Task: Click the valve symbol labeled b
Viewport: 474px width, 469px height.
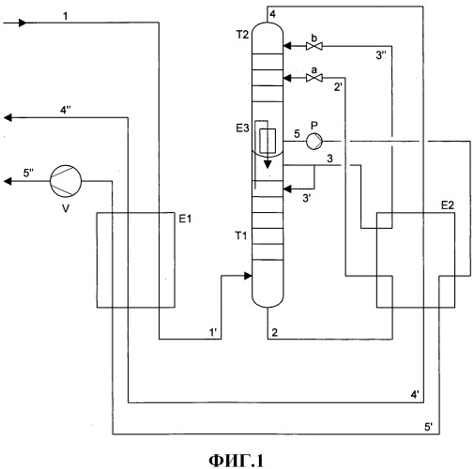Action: (x=314, y=46)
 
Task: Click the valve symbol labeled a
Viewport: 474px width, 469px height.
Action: (x=314, y=78)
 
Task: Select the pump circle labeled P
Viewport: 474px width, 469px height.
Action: (x=314, y=142)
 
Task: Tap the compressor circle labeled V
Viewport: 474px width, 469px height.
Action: (x=66, y=181)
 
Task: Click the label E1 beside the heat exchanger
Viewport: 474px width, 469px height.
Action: (x=185, y=219)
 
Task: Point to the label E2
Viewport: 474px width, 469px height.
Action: (x=448, y=205)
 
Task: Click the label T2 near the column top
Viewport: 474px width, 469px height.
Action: (x=242, y=35)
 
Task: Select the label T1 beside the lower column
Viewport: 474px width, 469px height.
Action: (x=241, y=235)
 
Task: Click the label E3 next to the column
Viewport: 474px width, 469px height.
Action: (x=242, y=128)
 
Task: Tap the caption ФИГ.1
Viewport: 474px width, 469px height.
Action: (x=237, y=461)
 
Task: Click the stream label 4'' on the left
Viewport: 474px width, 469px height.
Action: (x=66, y=110)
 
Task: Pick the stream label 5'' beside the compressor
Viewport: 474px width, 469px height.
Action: (x=29, y=173)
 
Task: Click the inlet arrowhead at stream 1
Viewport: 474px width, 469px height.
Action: (x=23, y=23)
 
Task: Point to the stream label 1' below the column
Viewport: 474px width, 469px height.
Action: (x=214, y=332)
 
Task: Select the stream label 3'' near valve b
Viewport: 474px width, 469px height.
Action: (x=381, y=55)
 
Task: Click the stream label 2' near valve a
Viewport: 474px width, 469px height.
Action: (x=338, y=86)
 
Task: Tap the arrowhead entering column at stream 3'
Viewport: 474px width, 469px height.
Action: (x=287, y=189)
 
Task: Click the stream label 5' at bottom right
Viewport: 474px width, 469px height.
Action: (x=429, y=427)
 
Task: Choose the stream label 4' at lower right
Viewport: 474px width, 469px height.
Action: (x=415, y=395)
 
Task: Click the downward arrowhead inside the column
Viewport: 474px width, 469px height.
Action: (x=268, y=164)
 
